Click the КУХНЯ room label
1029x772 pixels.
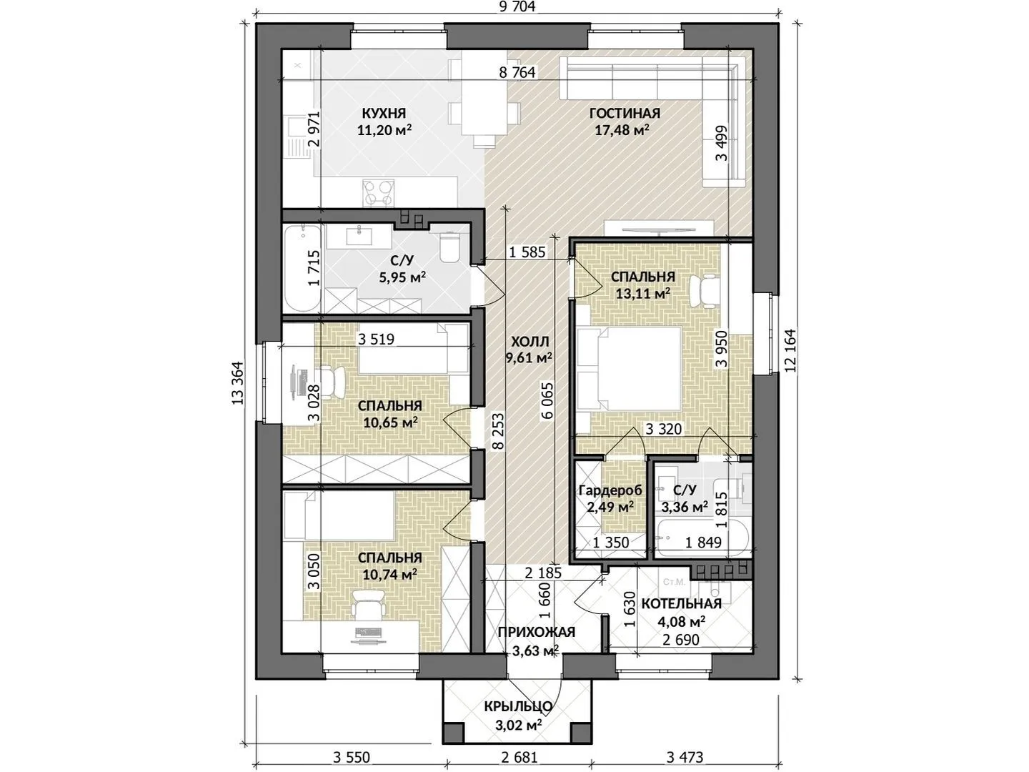(384, 114)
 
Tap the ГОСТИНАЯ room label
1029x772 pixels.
(625, 114)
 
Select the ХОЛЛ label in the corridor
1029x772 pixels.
(530, 341)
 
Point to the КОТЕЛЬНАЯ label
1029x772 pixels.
(681, 604)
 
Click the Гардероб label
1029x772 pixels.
(610, 490)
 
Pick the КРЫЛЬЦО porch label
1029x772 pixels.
(518, 706)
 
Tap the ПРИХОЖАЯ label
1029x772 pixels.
(537, 632)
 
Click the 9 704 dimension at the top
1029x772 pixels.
(517, 6)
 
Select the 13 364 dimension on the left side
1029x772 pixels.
(238, 383)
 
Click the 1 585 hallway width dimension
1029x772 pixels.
(527, 252)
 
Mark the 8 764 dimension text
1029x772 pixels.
(517, 72)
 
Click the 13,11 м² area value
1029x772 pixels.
(642, 293)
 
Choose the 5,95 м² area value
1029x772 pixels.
(402, 277)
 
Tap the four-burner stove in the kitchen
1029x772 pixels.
(378, 193)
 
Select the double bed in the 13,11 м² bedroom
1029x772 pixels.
(629, 368)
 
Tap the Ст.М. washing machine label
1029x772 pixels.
(674, 583)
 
